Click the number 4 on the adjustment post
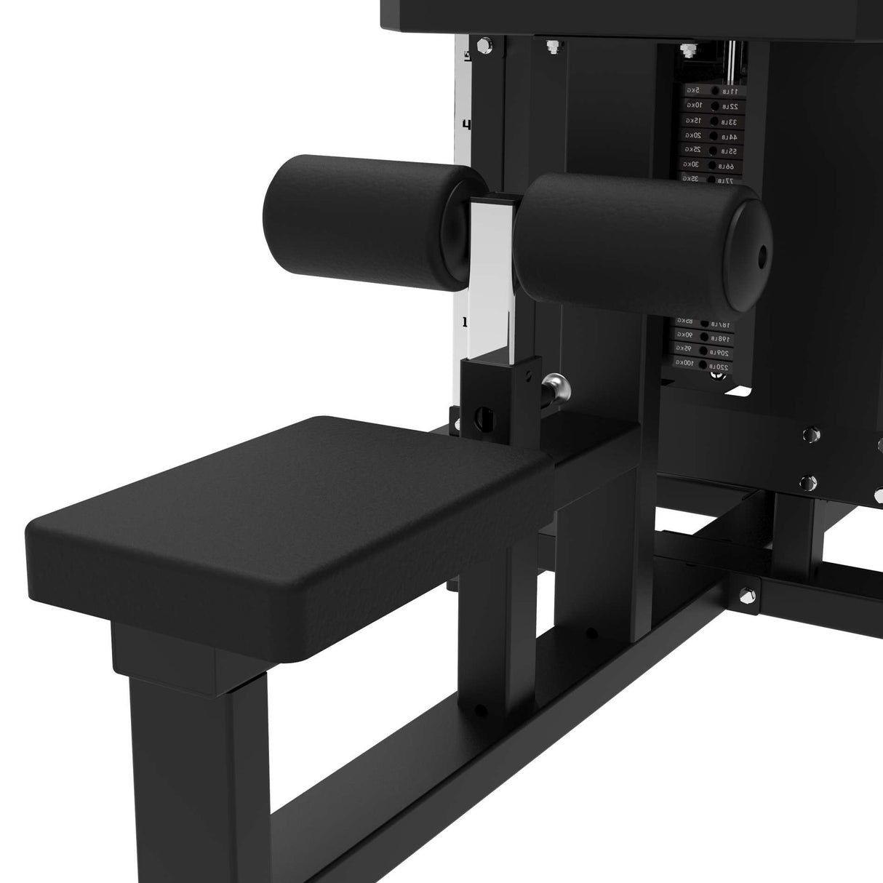[466, 124]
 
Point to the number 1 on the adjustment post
[465, 321]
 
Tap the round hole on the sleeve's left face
[481, 417]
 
